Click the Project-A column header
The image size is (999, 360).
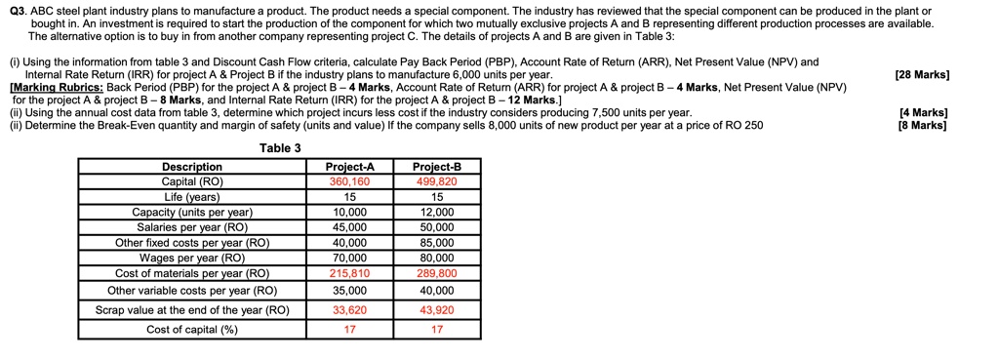349,168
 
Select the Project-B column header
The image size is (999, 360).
436,168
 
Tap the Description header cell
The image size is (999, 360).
192,168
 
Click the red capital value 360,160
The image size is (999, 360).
349,182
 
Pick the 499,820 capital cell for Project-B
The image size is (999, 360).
436,182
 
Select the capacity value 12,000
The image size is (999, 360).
436,212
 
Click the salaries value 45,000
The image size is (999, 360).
349,227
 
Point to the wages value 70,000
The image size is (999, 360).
349,259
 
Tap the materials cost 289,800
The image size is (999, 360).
436,274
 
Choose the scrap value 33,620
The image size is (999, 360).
349,310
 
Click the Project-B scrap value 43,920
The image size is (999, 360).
436,310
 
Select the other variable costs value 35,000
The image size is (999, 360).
349,291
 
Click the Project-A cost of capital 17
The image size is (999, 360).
349,330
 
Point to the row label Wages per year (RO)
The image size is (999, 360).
192,259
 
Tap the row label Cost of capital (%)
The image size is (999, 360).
192,330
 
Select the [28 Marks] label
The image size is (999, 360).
921,75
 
